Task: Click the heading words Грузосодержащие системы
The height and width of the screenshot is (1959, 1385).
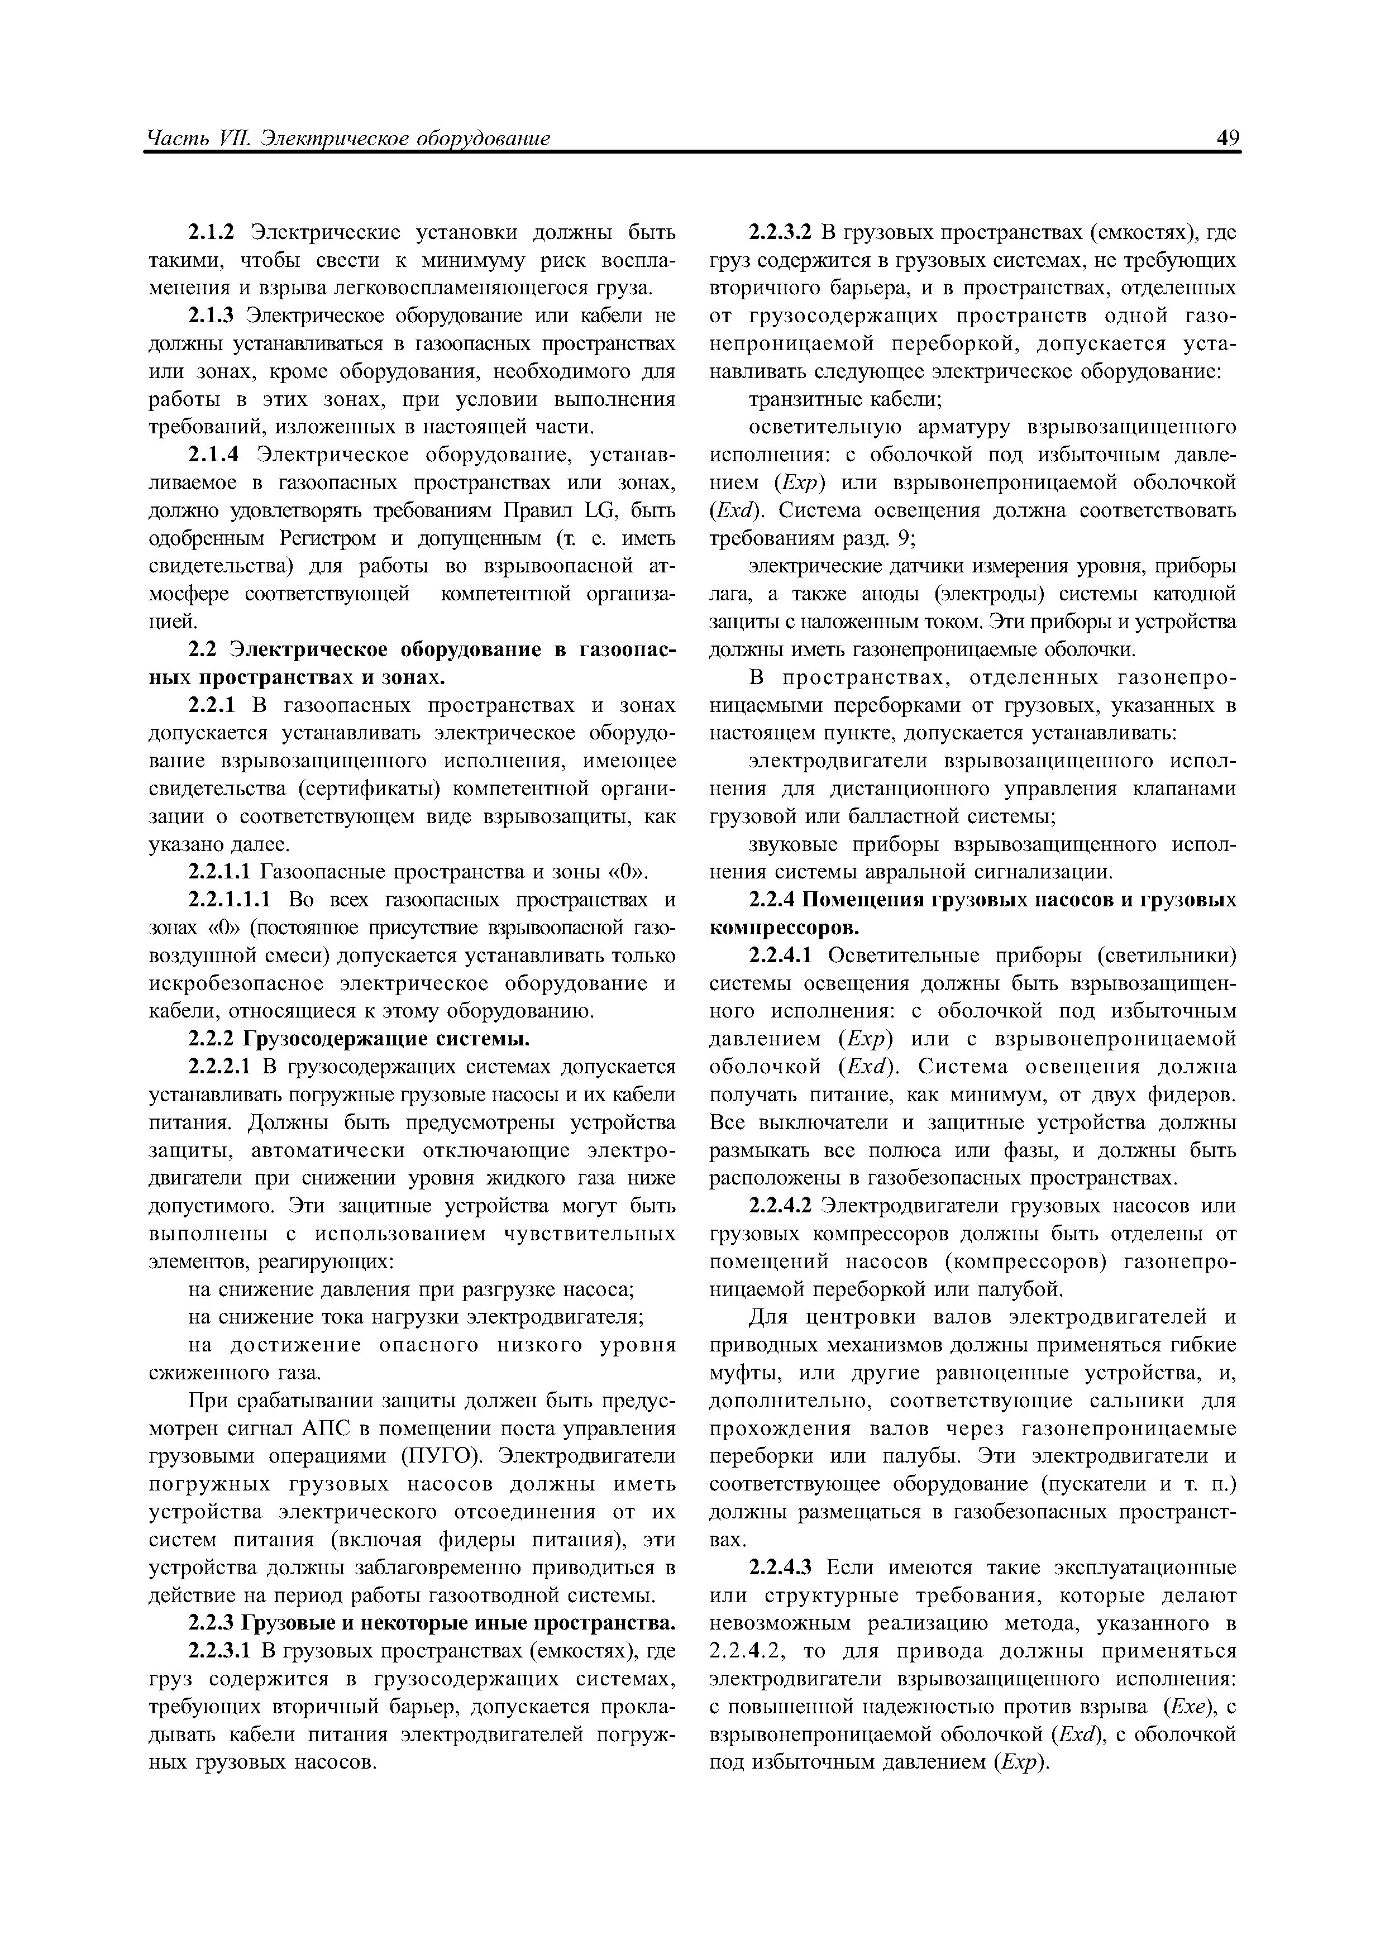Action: click(388, 1039)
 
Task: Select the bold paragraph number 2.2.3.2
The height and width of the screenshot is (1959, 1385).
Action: click(779, 233)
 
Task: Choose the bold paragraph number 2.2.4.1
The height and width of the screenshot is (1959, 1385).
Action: click(779, 955)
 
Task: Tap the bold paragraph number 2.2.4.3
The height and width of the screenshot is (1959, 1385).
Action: click(779, 1568)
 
